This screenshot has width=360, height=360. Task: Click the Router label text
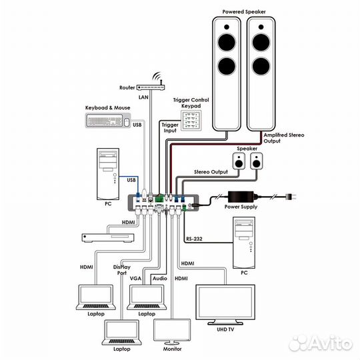pyautogui.click(x=127, y=87)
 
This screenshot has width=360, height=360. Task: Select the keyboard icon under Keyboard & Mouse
pyautogui.click(x=105, y=120)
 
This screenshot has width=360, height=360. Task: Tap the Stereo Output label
pyautogui.click(x=210, y=172)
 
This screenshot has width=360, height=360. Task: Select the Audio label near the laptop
pyautogui.click(x=159, y=277)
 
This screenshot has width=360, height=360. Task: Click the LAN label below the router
pyautogui.click(x=143, y=97)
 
